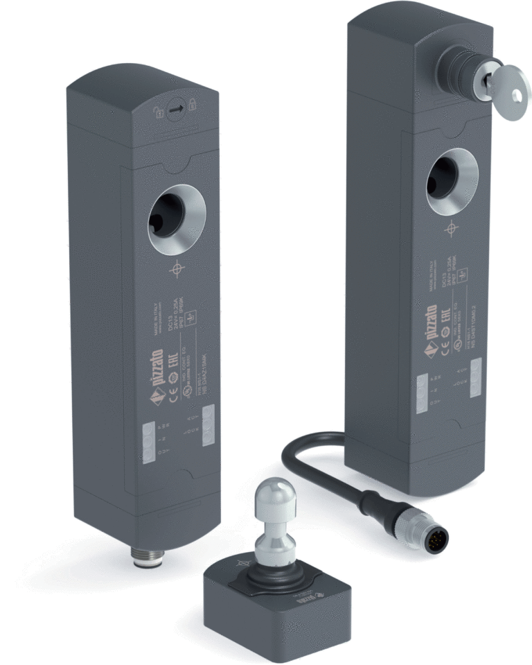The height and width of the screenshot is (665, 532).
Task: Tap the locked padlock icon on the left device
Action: [x=193, y=105]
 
